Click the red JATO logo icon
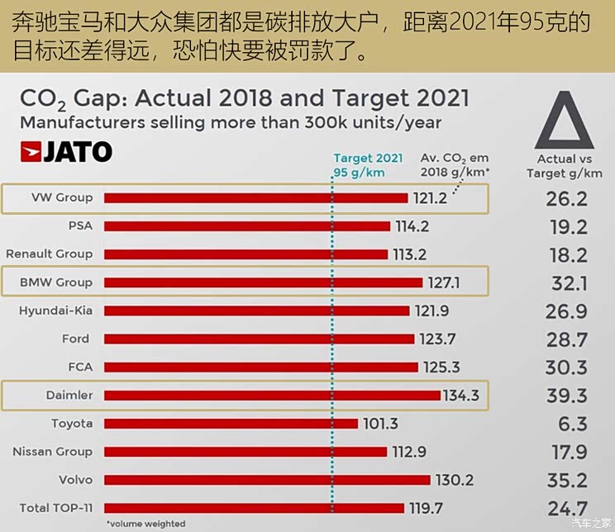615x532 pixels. coord(31,152)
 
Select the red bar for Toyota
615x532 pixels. coord(231,424)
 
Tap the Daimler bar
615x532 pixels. coord(272,395)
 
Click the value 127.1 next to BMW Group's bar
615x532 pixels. coord(444,283)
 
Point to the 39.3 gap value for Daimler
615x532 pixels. coord(567,396)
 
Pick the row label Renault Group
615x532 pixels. coord(50,254)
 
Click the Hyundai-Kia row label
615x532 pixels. coord(55,311)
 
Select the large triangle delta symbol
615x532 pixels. coord(565,120)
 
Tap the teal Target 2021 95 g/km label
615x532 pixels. coord(368,165)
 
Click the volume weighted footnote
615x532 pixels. coord(146,524)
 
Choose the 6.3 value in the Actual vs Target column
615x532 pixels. coord(573,424)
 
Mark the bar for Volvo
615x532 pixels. coord(267,480)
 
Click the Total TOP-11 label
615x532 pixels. coord(56,508)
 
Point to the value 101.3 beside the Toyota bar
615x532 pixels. coord(380,424)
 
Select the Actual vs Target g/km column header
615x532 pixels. coord(565,166)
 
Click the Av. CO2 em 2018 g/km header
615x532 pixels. coord(455,164)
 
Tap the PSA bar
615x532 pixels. coord(247,226)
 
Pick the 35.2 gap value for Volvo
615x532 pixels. coord(567,480)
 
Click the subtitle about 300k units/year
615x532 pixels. coord(231,123)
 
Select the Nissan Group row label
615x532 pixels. coord(53,452)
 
